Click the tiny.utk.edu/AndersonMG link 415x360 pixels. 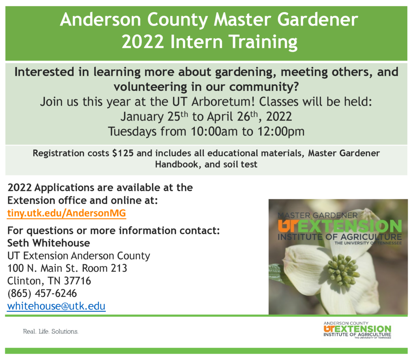(66, 213)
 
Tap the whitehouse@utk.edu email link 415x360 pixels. (56, 306)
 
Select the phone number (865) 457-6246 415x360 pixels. (42, 293)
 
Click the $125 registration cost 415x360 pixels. (123, 153)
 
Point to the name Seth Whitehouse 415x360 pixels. (49, 243)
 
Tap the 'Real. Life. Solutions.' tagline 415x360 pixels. (51, 331)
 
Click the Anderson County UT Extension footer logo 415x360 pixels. (357, 330)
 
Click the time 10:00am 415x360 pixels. (211, 131)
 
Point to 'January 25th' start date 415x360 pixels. (154, 116)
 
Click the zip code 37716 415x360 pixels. (77, 281)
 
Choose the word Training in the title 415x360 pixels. (263, 42)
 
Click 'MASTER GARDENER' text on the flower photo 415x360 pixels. (318, 215)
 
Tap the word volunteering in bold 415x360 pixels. (150, 87)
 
